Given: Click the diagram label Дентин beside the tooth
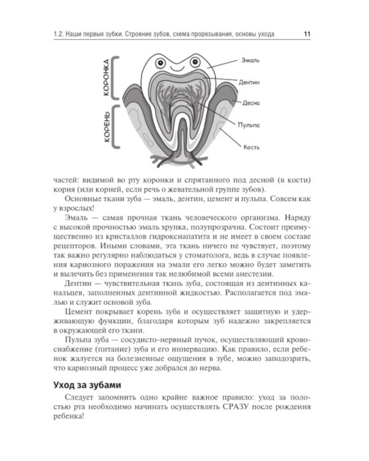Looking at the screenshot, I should click(x=255, y=82).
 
